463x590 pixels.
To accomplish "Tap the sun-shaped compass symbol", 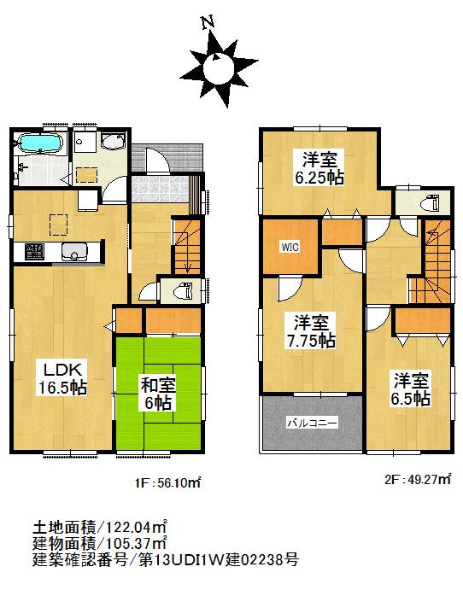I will click(x=219, y=63).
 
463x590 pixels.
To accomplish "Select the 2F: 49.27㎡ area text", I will click(x=415, y=481).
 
